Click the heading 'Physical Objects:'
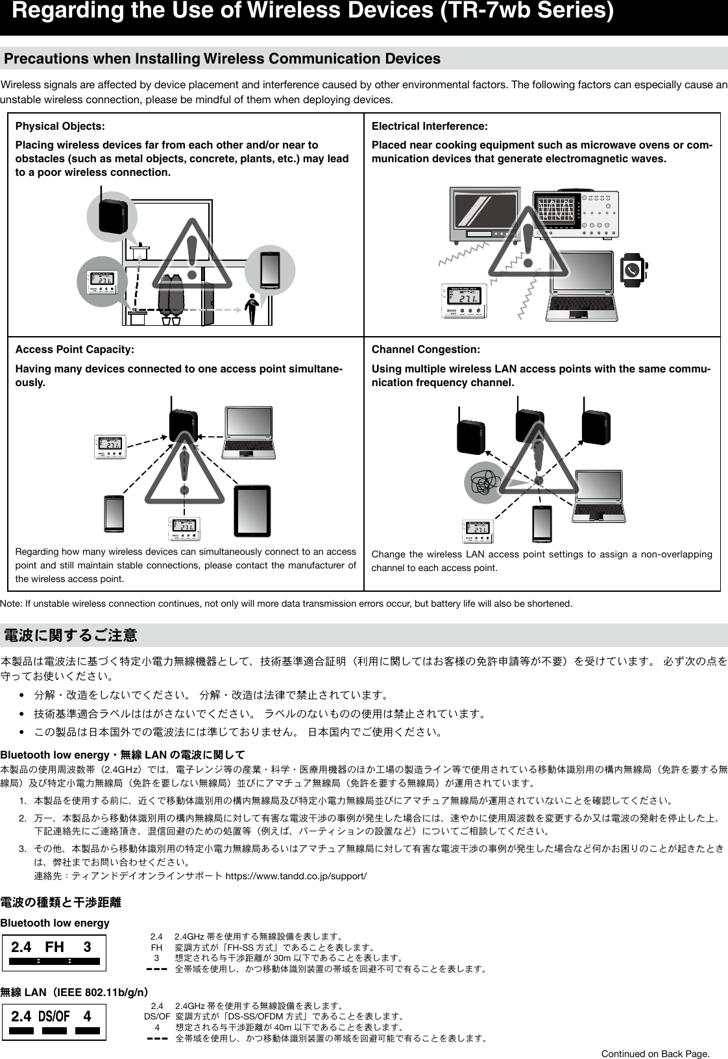click(60, 126)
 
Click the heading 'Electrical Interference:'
click(430, 126)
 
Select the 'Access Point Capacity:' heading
click(75, 350)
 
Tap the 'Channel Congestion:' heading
click(426, 350)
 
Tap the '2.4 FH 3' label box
click(54, 952)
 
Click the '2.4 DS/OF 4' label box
click(54, 1021)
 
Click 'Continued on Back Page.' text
click(655, 1053)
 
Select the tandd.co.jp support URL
click(295, 877)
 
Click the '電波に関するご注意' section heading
click(71, 634)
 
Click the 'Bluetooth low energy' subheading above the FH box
click(55, 923)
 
